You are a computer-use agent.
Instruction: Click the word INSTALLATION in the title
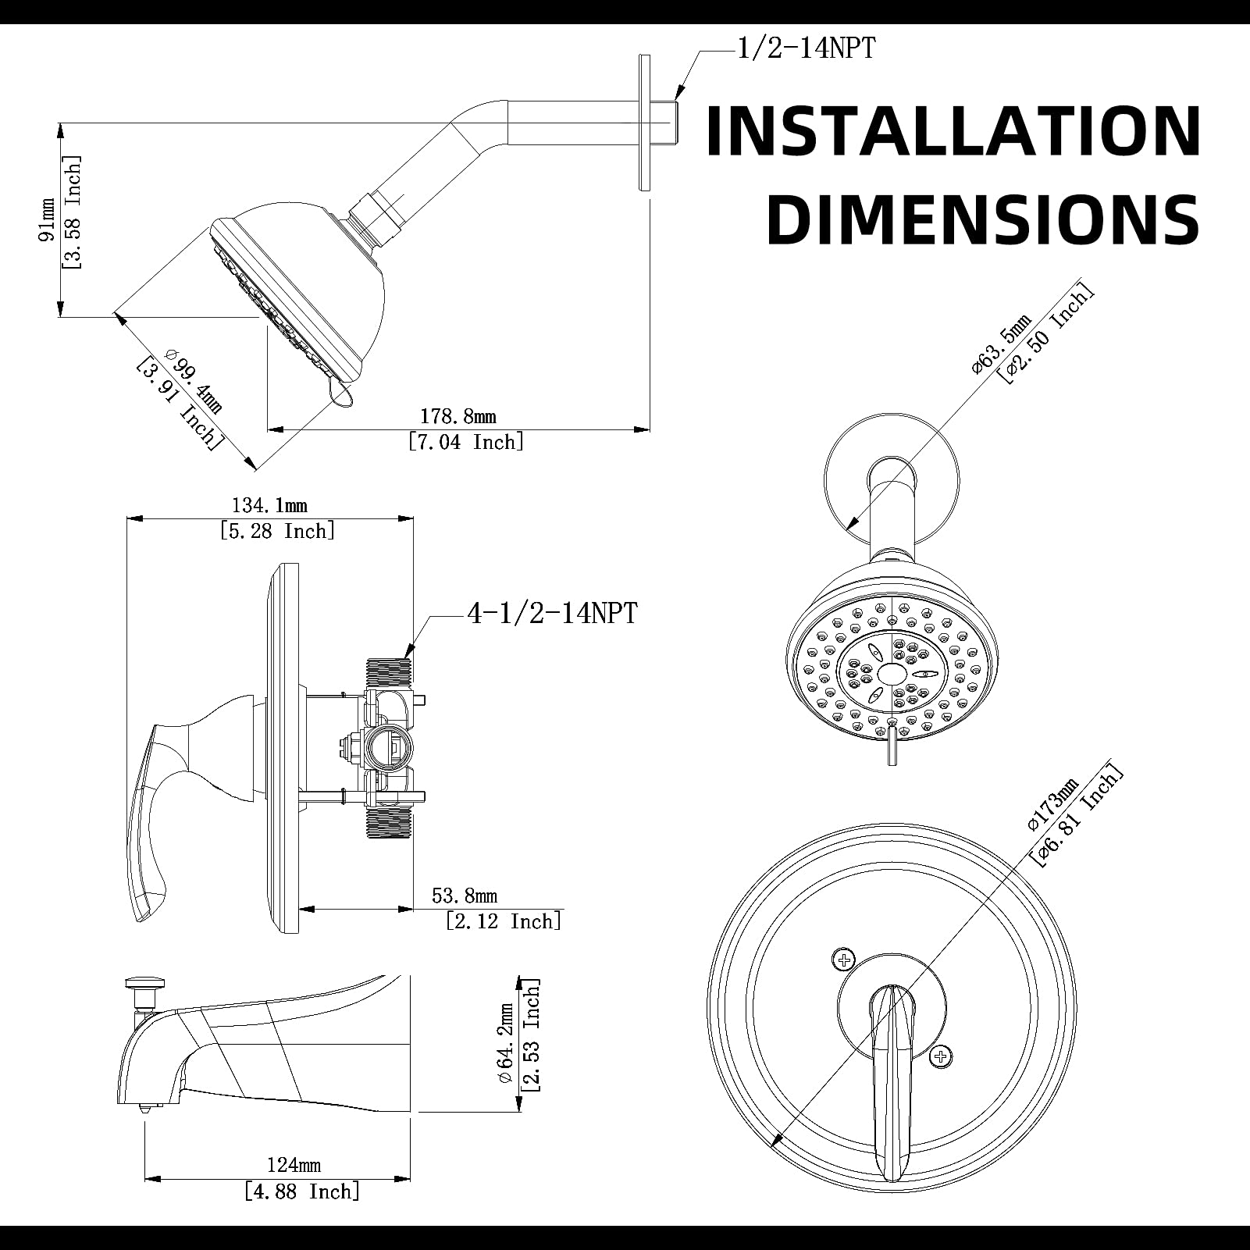(x=953, y=130)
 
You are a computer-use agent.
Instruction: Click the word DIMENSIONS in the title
(x=983, y=219)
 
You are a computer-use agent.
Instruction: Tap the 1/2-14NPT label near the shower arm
(x=806, y=48)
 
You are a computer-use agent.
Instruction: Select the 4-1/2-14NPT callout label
(x=551, y=613)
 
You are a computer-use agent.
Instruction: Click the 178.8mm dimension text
(x=458, y=416)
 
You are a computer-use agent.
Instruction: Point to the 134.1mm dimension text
(x=269, y=505)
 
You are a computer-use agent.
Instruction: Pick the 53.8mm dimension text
(x=465, y=896)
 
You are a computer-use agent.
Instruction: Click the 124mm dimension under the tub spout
(x=294, y=1165)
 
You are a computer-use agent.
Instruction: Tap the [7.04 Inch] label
(x=466, y=442)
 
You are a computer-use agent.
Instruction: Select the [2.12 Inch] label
(x=504, y=921)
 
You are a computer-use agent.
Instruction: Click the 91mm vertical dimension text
(x=48, y=219)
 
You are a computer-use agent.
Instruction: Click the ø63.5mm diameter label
(x=1002, y=344)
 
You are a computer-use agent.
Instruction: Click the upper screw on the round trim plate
(x=844, y=959)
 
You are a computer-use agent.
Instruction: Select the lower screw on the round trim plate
(x=941, y=1057)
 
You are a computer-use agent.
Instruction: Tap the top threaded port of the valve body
(x=388, y=671)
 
